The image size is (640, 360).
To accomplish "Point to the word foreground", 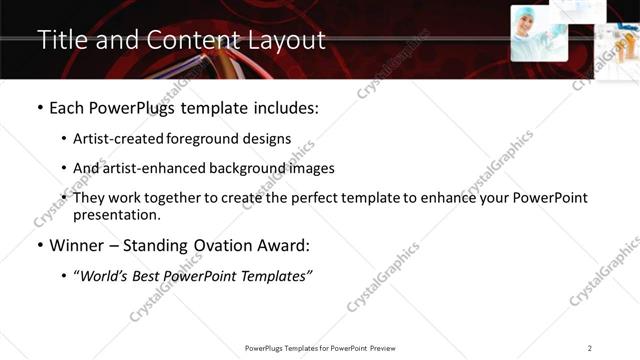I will tap(208, 139).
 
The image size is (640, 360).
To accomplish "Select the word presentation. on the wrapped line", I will tap(116, 214).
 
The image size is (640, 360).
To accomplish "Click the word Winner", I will tap(76, 245).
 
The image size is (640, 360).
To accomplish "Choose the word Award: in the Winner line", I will tap(284, 245).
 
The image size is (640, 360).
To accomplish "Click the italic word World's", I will tap(105, 275).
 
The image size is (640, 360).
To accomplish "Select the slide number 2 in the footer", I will tap(589, 348).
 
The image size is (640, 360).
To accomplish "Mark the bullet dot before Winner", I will tap(39, 246).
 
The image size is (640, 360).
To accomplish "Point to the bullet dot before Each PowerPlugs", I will tap(39, 107).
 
